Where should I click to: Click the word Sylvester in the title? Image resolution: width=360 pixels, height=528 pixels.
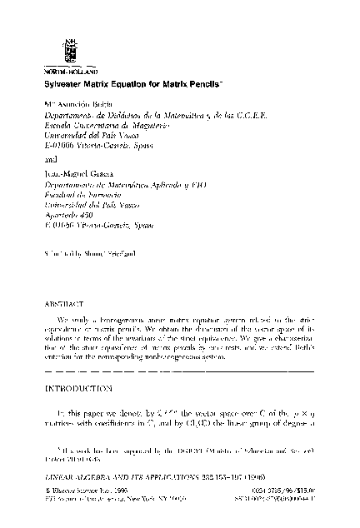65,86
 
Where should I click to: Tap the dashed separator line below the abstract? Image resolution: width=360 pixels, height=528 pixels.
178,368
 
